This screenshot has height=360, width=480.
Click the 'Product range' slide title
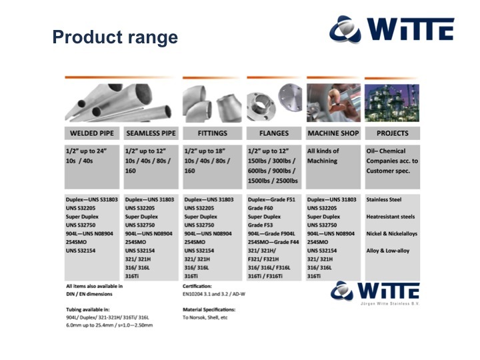point(115,37)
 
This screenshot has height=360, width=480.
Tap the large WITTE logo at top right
point(392,29)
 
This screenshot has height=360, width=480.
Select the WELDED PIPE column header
point(92,133)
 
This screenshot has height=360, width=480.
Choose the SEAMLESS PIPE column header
point(151,133)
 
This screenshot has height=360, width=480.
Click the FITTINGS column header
point(213,133)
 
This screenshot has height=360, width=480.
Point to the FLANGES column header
point(274,133)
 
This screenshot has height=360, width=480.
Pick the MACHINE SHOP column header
point(333,133)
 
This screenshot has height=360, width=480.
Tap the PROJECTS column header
point(393,133)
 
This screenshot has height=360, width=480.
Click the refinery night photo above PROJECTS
point(392,103)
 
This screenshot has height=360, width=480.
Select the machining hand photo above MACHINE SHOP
point(334,103)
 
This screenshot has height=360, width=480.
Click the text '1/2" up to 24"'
point(86,151)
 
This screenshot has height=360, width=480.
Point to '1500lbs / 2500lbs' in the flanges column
point(273,181)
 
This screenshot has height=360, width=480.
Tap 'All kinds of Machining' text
point(323,156)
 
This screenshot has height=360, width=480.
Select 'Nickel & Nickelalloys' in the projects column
point(392,233)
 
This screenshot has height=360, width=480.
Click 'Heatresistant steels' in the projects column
point(391,217)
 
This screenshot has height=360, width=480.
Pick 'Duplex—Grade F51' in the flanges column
point(271,199)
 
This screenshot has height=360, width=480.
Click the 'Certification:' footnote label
point(197,286)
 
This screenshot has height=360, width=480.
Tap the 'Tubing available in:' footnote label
point(88,309)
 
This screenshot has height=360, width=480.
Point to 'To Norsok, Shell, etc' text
point(205,317)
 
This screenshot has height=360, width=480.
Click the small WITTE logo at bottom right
point(375,293)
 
